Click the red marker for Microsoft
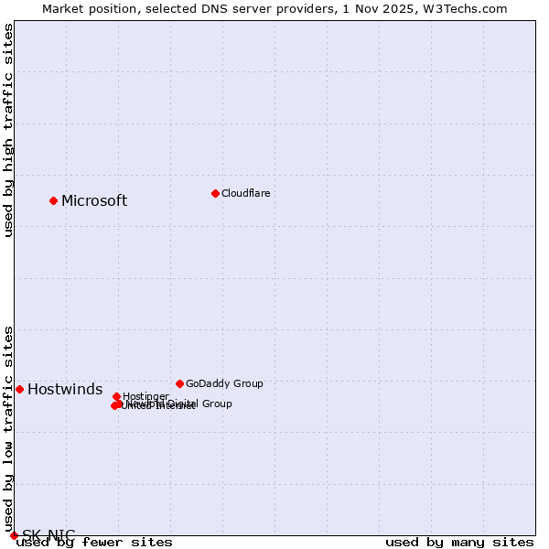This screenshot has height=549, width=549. click(53, 200)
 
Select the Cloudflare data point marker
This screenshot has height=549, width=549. click(215, 193)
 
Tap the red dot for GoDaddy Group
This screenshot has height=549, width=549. click(179, 383)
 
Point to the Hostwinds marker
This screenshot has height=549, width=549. click(19, 389)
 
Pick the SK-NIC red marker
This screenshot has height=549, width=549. click(14, 535)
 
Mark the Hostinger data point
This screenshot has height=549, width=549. click(116, 396)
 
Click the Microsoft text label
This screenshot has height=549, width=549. click(94, 201)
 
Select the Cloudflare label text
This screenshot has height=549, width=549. click(245, 193)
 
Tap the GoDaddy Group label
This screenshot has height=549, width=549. click(224, 383)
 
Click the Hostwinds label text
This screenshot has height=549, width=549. click(65, 390)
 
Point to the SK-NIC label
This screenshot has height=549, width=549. click(48, 535)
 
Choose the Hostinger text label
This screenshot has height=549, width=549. click(145, 396)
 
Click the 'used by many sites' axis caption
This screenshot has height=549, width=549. click(459, 543)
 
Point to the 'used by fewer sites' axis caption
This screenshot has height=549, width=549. click(95, 543)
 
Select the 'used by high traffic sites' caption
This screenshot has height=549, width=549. click(9, 130)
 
